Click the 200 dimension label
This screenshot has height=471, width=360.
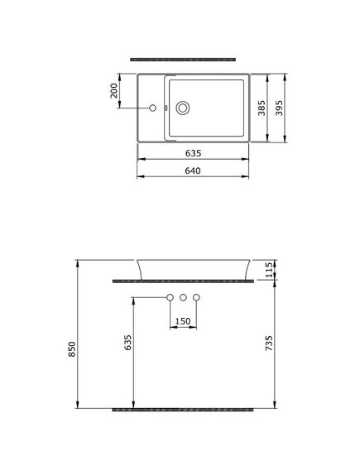(114, 91)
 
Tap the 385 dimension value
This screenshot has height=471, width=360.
(262, 108)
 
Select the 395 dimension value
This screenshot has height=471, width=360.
(279, 108)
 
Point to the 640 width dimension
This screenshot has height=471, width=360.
(193, 171)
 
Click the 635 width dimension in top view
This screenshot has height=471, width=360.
(193, 153)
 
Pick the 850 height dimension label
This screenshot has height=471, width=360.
(72, 349)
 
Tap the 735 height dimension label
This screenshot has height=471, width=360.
(269, 343)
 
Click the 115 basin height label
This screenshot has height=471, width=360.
(269, 270)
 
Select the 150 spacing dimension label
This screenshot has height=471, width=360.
(183, 321)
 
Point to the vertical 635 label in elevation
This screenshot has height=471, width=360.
(128, 343)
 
